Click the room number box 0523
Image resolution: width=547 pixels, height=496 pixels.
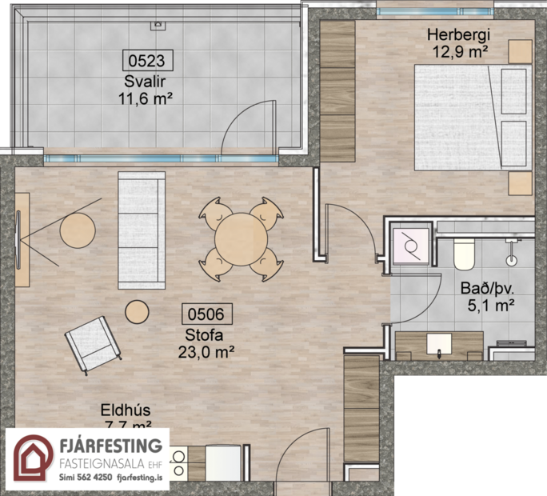click(147, 59)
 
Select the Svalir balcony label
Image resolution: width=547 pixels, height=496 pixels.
click(145, 82)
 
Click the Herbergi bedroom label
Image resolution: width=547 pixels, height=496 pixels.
click(457, 35)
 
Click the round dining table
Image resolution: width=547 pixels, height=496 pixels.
click(241, 236)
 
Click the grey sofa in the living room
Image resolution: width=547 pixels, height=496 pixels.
click(142, 230)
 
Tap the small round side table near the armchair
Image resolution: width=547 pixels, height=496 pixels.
click(138, 311)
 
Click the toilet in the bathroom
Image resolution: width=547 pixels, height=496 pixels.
click(465, 253)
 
